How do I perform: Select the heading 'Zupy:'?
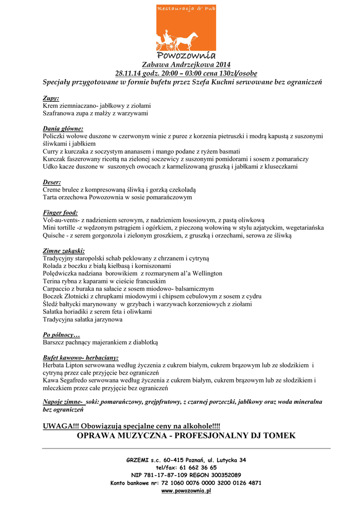(x=51, y=98)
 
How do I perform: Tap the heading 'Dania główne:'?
(x=63, y=128)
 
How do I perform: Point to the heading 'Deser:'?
(x=52, y=182)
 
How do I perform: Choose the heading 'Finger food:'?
(x=60, y=213)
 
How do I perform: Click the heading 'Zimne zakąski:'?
(x=64, y=251)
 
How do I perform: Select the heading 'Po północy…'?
(x=61, y=335)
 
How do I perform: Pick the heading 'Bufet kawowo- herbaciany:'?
(x=80, y=358)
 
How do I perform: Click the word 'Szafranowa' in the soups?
(x=59, y=113)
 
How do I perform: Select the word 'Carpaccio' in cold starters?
(x=58, y=289)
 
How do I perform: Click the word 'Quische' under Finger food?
(x=55, y=236)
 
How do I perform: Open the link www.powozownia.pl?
(x=186, y=491)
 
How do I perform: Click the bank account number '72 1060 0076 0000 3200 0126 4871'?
(x=213, y=483)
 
